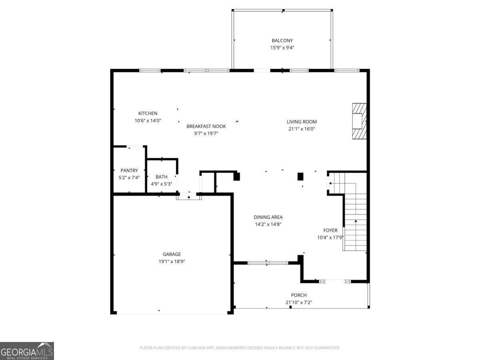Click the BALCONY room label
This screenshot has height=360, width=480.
(282, 40)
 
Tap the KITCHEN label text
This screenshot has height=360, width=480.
(148, 113)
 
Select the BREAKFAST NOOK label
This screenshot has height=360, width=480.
(206, 126)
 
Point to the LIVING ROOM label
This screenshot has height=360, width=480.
(302, 122)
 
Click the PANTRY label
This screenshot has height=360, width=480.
(129, 170)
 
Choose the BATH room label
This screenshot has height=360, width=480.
(161, 177)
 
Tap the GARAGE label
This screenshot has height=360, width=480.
(172, 254)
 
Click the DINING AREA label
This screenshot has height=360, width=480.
(268, 217)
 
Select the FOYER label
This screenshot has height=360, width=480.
(330, 230)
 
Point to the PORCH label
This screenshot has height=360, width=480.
(299, 295)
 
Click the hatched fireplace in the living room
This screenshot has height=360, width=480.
(359, 121)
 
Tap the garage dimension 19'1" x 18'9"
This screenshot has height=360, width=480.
(172, 261)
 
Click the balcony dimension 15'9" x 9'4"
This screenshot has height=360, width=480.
(282, 48)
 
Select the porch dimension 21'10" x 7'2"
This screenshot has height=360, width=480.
(299, 302)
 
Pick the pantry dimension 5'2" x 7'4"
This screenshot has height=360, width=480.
(129, 178)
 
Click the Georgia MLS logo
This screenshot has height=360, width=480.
(27, 351)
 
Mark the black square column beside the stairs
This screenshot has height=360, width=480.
(300, 177)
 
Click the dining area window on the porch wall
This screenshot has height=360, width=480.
(268, 263)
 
